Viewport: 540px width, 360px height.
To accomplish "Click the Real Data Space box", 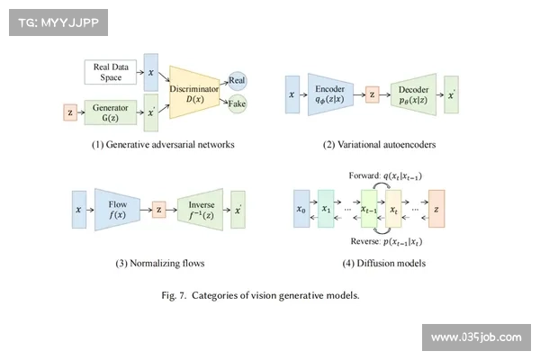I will coord(111,73).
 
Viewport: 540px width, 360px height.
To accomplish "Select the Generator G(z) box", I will coord(110,112).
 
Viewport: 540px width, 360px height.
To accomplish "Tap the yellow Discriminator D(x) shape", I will coord(196,92).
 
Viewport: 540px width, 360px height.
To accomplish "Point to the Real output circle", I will coord(238,81).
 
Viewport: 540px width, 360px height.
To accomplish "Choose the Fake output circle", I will coord(238,104).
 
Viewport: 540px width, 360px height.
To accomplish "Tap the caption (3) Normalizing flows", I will coord(160,264).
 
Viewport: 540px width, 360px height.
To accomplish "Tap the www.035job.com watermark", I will coord(475,337).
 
